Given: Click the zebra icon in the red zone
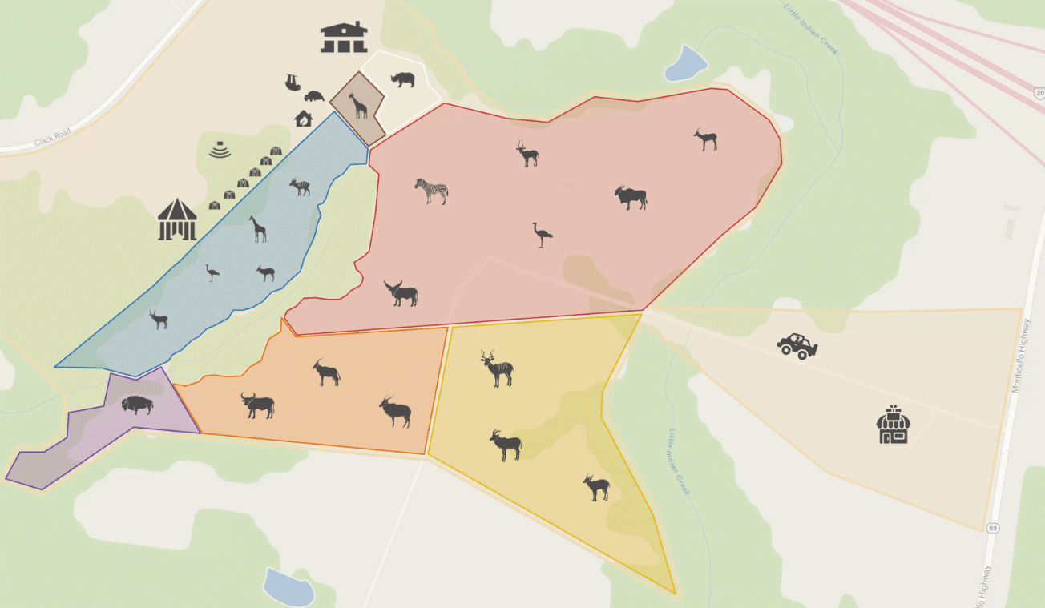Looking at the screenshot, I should click(431, 191).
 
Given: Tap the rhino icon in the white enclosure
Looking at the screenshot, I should click(402, 79).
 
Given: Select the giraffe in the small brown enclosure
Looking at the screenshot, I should click(357, 105).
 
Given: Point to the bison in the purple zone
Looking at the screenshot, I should click(137, 404).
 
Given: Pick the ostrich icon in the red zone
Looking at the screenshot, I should click(543, 234).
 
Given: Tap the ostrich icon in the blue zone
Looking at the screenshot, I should click(212, 272).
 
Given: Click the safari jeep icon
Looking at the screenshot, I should click(797, 345).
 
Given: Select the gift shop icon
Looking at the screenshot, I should click(893, 425).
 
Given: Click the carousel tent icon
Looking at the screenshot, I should click(177, 219).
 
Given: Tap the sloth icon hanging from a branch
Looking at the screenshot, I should click(293, 82).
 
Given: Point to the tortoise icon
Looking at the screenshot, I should click(313, 96).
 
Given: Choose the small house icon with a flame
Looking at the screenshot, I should click(303, 119).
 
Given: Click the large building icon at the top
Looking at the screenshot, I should click(344, 37).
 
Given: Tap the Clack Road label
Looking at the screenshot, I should click(53, 137).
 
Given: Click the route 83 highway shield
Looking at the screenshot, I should click(993, 528).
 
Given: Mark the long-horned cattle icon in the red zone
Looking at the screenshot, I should click(401, 293).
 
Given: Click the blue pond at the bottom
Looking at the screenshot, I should click(288, 588).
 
